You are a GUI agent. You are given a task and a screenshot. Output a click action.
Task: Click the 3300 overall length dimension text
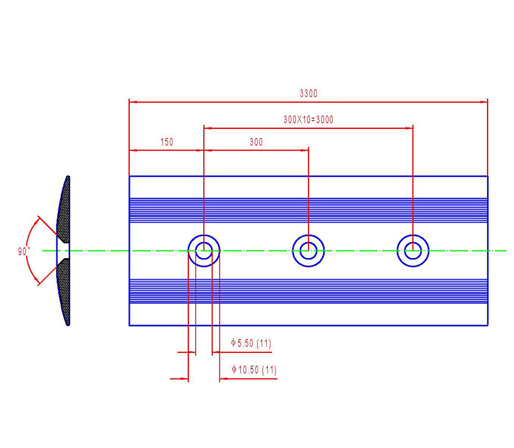308,94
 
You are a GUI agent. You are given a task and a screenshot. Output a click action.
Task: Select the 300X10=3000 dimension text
308,119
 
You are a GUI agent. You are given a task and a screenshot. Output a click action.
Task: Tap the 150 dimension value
166,142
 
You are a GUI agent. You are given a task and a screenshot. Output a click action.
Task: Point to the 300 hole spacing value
256,142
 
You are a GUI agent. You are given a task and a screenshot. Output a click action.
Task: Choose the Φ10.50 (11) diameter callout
253,370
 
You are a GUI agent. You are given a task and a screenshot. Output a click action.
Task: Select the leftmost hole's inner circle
204,250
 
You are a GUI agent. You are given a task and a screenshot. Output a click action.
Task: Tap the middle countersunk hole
308,250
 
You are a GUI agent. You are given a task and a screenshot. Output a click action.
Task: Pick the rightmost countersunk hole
412,250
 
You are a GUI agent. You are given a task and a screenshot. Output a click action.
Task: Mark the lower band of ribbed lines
308,290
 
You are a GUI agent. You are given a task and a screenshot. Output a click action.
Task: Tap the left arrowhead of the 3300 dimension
133,101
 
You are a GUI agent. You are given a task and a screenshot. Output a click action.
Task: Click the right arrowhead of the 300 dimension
305,151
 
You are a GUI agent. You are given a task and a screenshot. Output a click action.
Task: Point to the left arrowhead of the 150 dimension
133,151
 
